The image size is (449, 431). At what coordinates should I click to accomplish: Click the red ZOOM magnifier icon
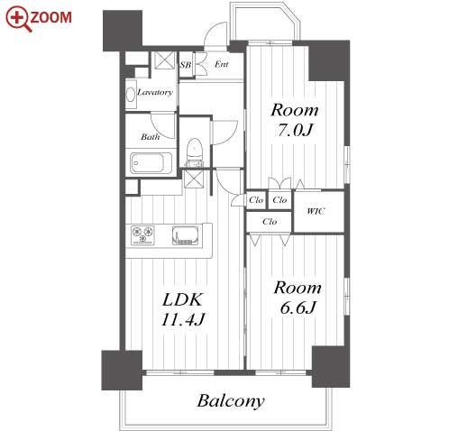(x=18, y=18)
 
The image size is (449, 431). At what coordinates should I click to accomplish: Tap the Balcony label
(x=231, y=401)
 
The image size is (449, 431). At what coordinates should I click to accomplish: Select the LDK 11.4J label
(x=183, y=309)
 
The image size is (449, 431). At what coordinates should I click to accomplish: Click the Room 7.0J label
(x=295, y=120)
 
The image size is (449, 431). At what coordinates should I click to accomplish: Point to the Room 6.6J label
(x=298, y=298)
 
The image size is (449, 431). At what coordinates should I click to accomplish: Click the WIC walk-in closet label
(x=316, y=211)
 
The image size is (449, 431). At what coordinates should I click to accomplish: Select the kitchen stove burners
(x=142, y=234)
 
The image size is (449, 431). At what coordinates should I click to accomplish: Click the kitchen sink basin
(x=185, y=235)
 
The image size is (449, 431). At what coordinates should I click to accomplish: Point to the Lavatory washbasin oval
(x=131, y=95)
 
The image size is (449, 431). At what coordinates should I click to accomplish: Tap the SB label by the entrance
(x=186, y=65)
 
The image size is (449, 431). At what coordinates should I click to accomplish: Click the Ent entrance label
(x=222, y=64)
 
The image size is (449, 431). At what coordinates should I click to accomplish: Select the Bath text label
(x=151, y=137)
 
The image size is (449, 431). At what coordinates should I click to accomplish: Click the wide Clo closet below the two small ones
(x=270, y=222)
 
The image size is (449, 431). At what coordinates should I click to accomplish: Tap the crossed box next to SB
(x=165, y=60)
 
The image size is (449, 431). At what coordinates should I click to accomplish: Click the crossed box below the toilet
(x=194, y=179)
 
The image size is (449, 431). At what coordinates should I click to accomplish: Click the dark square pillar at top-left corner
(x=123, y=31)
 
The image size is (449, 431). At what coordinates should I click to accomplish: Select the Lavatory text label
(x=155, y=92)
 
